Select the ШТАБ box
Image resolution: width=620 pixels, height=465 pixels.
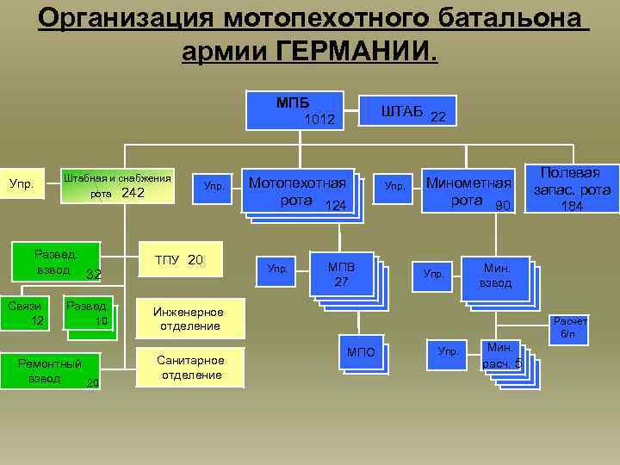pyautogui.click(x=412, y=112)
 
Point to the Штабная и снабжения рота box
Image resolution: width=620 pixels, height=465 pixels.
pyautogui.click(x=118, y=185)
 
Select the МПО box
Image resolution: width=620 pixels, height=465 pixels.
pyautogui.click(x=361, y=353)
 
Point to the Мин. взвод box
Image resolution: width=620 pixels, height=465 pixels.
pyautogui.click(x=494, y=276)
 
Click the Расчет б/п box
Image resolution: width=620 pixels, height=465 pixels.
pyautogui.click(x=569, y=327)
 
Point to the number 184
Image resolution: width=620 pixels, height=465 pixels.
pyautogui.click(x=571, y=207)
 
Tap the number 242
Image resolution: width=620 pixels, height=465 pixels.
pyautogui.click(x=133, y=193)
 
